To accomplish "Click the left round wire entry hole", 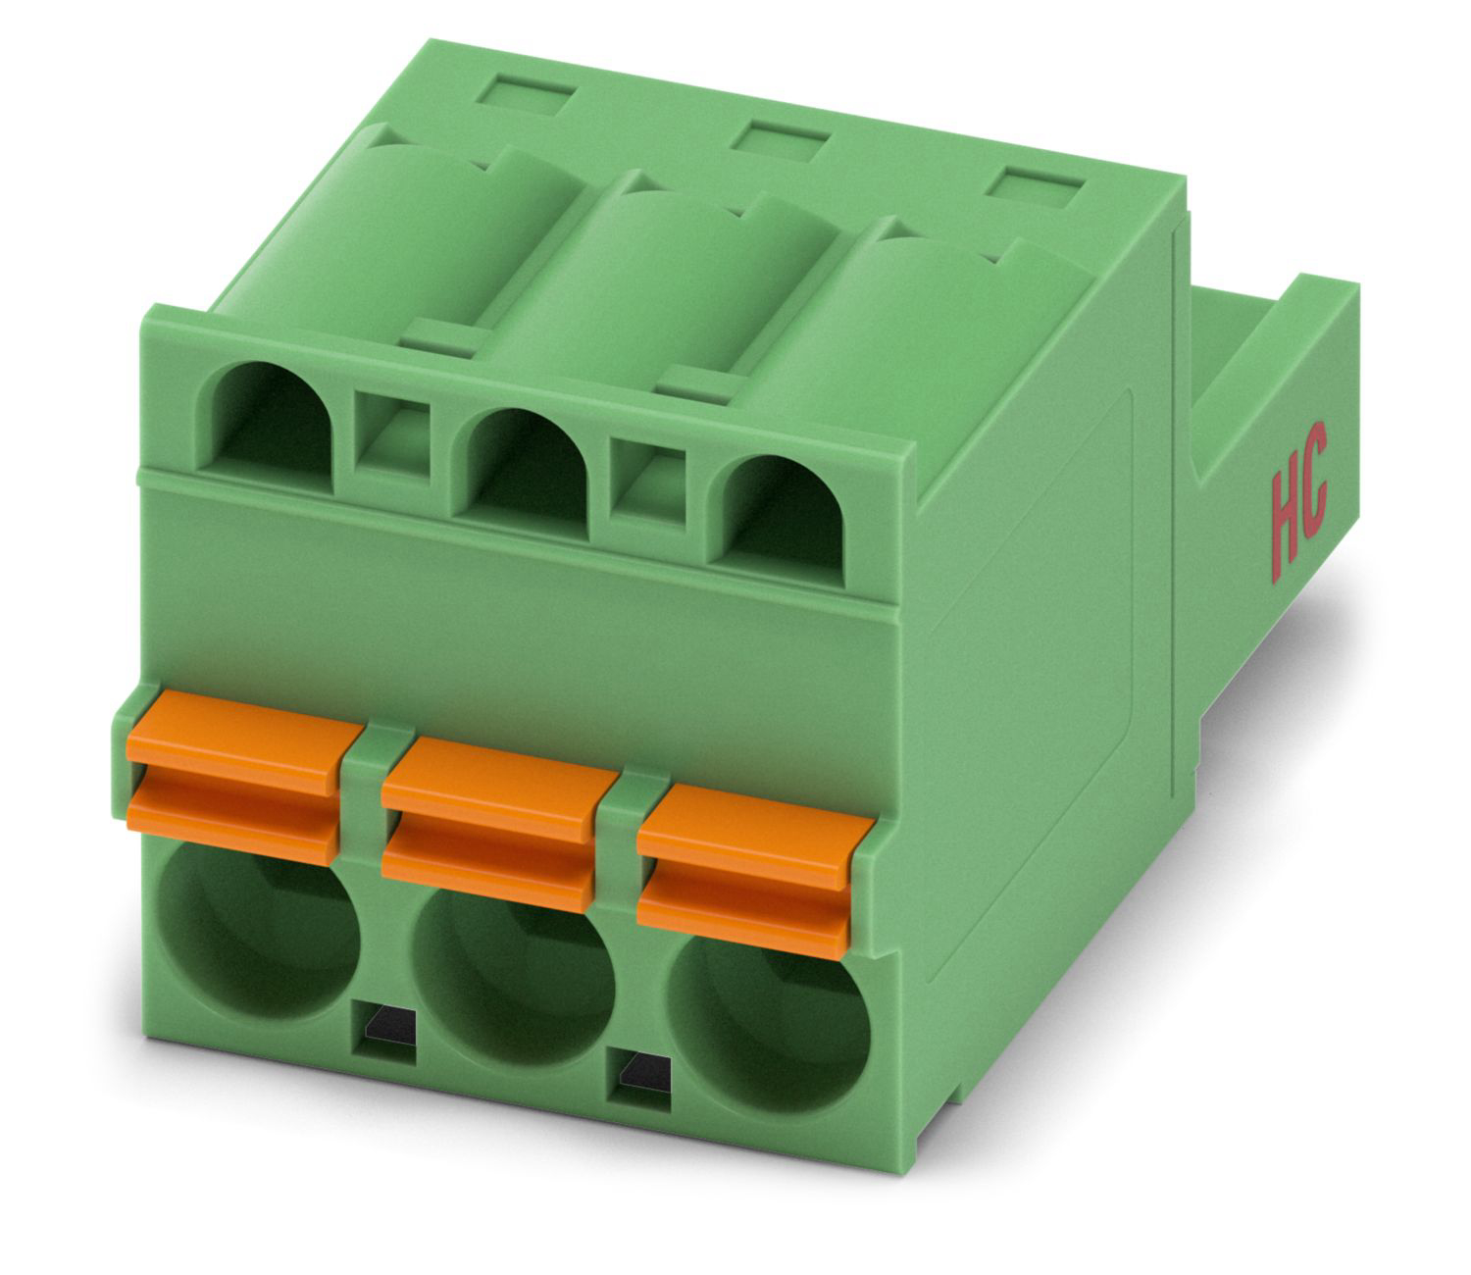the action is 256,931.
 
